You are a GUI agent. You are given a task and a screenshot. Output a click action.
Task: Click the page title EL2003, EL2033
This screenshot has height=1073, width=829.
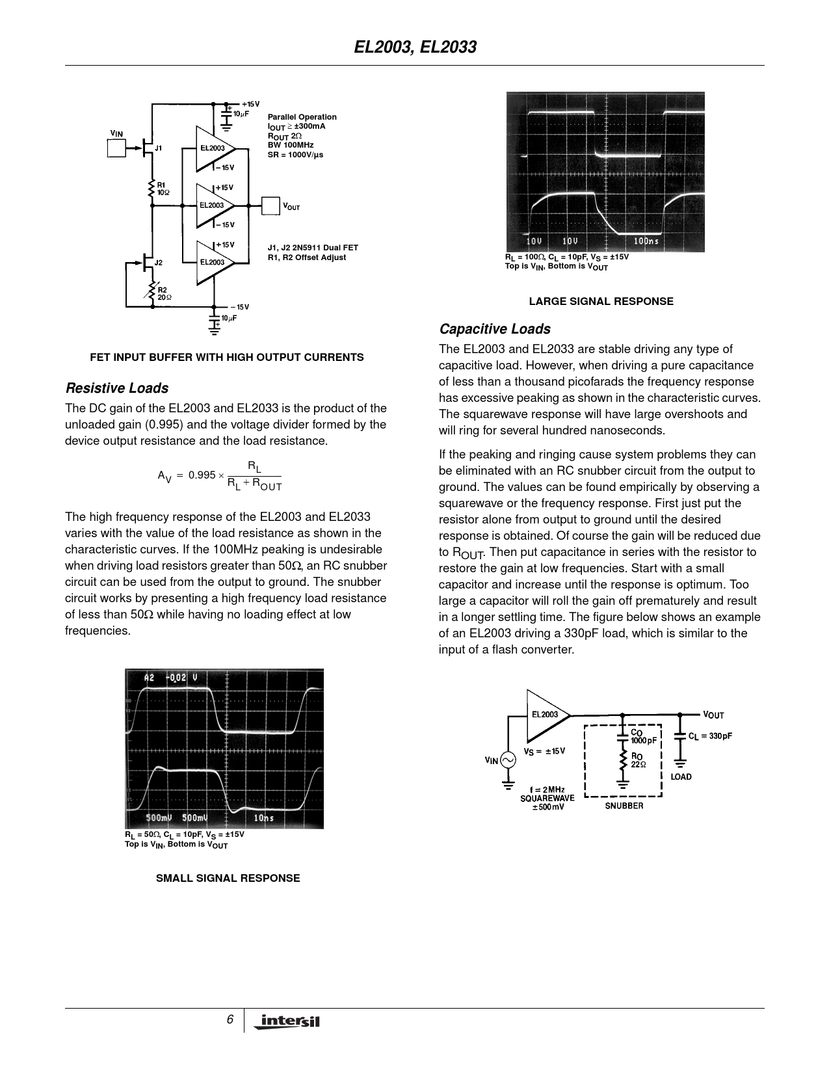(x=415, y=47)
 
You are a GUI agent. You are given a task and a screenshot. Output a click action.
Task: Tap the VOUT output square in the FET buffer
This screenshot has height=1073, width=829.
(x=270, y=206)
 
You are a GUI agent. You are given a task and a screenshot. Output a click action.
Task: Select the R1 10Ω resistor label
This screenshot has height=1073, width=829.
(x=163, y=189)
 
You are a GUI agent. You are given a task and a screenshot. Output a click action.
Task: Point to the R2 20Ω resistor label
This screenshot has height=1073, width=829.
(x=164, y=293)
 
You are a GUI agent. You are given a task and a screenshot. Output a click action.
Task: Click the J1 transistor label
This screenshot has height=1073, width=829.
(x=158, y=148)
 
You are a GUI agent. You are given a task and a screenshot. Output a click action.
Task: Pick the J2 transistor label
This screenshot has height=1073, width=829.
(x=158, y=263)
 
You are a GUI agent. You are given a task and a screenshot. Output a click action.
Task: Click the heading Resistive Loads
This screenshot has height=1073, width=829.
(x=117, y=388)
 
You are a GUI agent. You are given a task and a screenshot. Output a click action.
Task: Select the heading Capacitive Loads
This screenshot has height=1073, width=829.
(x=494, y=329)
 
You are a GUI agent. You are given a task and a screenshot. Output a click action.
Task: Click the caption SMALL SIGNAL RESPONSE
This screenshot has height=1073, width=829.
(x=228, y=878)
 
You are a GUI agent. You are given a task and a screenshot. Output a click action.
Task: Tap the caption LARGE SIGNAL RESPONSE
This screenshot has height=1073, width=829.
(x=601, y=301)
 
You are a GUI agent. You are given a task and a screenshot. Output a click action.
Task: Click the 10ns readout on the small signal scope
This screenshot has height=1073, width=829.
(x=263, y=817)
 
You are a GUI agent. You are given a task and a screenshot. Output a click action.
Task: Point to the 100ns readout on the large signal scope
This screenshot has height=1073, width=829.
(x=646, y=241)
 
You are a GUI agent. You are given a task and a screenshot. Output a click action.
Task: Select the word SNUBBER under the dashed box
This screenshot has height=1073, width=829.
(x=624, y=806)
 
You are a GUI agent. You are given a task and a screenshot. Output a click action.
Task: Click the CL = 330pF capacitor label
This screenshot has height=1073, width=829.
(x=710, y=736)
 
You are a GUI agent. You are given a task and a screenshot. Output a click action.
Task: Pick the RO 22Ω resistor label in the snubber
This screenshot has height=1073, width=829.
(x=637, y=760)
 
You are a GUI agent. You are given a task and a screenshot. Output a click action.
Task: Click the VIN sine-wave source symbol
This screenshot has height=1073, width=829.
(x=507, y=760)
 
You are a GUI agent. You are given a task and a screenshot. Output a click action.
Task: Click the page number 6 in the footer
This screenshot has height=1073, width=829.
(x=230, y=1020)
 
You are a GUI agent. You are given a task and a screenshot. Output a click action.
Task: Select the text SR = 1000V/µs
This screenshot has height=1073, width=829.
(x=295, y=155)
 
